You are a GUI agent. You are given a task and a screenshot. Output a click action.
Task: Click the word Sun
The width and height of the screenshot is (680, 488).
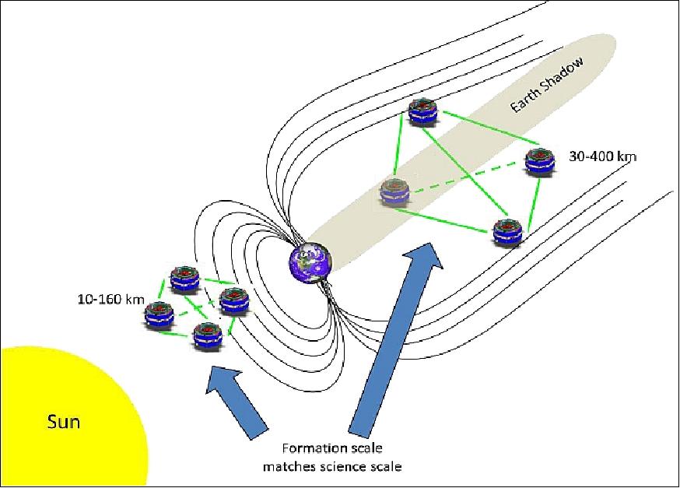[x=65, y=423]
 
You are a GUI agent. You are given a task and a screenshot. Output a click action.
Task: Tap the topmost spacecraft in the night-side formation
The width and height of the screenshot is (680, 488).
[x=422, y=111]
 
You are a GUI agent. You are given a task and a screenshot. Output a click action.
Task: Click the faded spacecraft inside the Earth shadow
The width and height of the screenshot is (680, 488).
[x=394, y=192]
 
